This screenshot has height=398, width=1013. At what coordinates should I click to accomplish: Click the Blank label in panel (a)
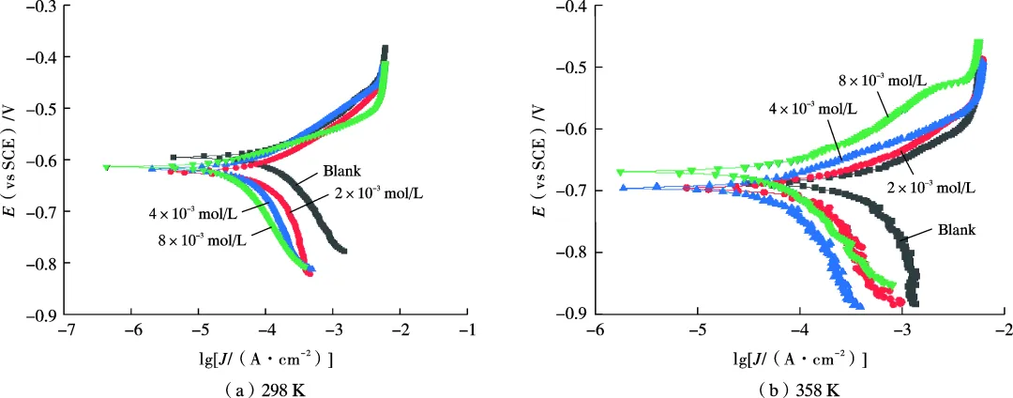341,172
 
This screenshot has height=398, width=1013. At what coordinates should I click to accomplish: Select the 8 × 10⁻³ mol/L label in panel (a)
202,240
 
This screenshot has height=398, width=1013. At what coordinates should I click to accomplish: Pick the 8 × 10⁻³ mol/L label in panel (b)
883,80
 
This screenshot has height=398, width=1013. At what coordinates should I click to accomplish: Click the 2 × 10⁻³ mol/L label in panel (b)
931,188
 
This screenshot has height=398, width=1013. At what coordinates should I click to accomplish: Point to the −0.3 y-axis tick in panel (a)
38,7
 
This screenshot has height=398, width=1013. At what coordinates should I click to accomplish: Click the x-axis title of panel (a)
266,359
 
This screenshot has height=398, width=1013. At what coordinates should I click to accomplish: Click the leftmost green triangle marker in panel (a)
107,168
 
